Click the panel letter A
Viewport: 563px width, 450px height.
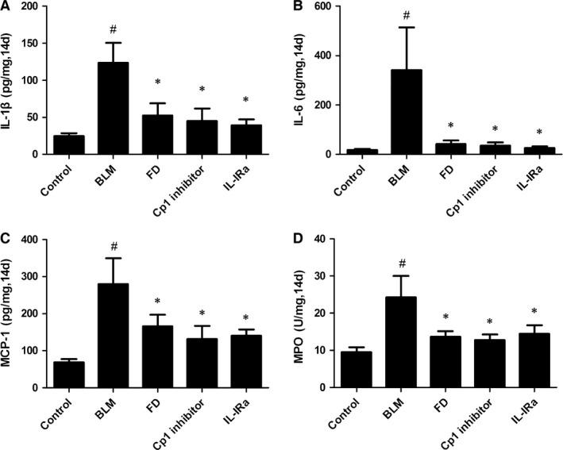7,7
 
